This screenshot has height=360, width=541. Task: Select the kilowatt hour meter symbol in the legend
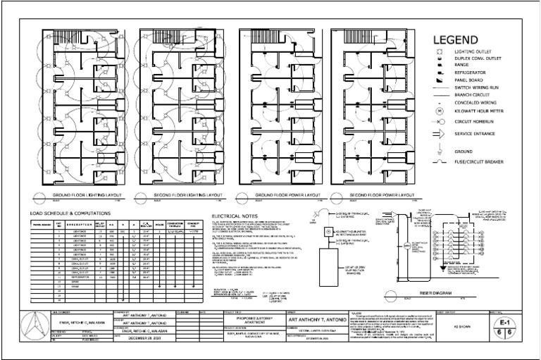click(439, 111)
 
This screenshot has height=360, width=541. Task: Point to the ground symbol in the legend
click(439, 150)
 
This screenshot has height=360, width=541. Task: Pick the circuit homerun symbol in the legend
click(439, 122)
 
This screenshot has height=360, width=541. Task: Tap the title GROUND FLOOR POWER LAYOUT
click(286, 194)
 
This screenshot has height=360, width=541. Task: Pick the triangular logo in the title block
click(30, 327)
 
